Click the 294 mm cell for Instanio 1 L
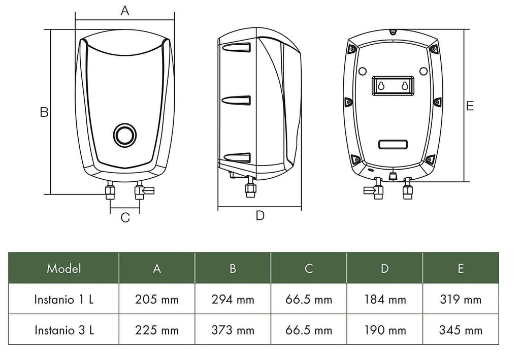tap(233, 300)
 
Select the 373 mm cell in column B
tap(233, 330)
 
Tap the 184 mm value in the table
tap(385, 300)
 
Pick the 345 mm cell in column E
tap(461, 330)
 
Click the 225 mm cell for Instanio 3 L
tap(157, 330)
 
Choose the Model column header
tap(63, 268)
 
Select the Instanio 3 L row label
tap(64, 330)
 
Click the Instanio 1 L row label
tap(64, 300)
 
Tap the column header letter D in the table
tap(385, 268)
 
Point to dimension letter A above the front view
tap(125, 11)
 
